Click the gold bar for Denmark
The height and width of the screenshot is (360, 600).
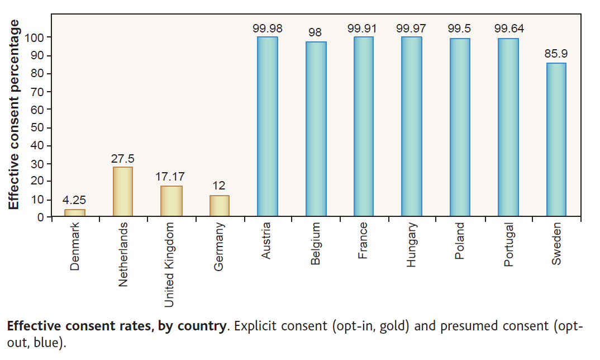pos(75,213)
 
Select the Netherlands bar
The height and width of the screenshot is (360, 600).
pos(123,191)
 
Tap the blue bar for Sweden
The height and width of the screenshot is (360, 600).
pos(556,139)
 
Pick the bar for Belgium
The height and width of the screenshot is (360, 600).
pos(316,129)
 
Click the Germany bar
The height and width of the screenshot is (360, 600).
pos(219,205)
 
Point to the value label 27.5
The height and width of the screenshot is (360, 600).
pos(122,158)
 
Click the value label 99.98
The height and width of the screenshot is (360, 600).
pos(267,27)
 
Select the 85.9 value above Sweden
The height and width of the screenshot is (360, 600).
pos(556,55)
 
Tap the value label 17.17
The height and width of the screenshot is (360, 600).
pos(171,177)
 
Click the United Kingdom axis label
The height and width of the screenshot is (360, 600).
pos(170,264)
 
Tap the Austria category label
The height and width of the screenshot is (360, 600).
pos(266,241)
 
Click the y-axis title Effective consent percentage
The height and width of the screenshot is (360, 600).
pos(14,115)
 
